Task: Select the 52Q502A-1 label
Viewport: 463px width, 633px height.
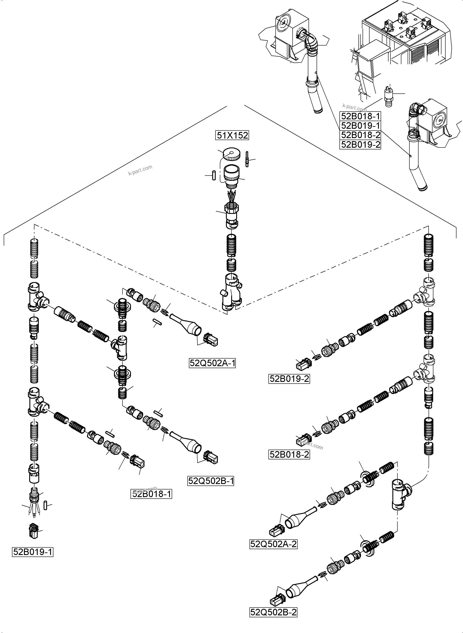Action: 212,363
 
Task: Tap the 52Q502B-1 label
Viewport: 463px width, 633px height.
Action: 211,481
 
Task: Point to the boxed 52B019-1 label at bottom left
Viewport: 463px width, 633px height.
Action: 33,552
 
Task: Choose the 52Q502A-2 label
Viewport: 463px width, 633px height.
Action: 273,544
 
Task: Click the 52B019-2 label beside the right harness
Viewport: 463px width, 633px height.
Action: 289,379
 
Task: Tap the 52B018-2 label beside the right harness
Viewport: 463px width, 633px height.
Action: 289,454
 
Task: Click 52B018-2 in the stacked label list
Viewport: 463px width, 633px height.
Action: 360,135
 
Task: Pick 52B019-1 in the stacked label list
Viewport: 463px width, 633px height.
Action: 360,125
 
